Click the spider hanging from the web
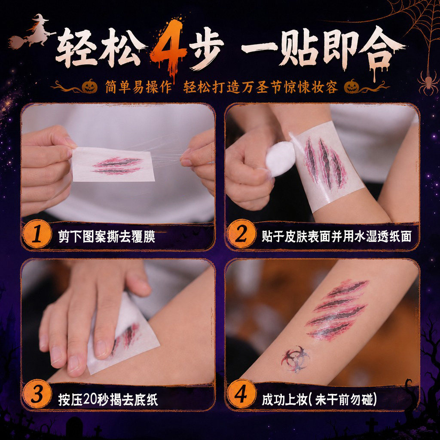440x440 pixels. [428, 82]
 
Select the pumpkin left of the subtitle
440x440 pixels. [90, 86]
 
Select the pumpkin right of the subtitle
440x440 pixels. [352, 86]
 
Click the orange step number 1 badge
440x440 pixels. [37, 234]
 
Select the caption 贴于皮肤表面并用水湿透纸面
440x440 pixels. [336, 236]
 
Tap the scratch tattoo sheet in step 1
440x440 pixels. [113, 165]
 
